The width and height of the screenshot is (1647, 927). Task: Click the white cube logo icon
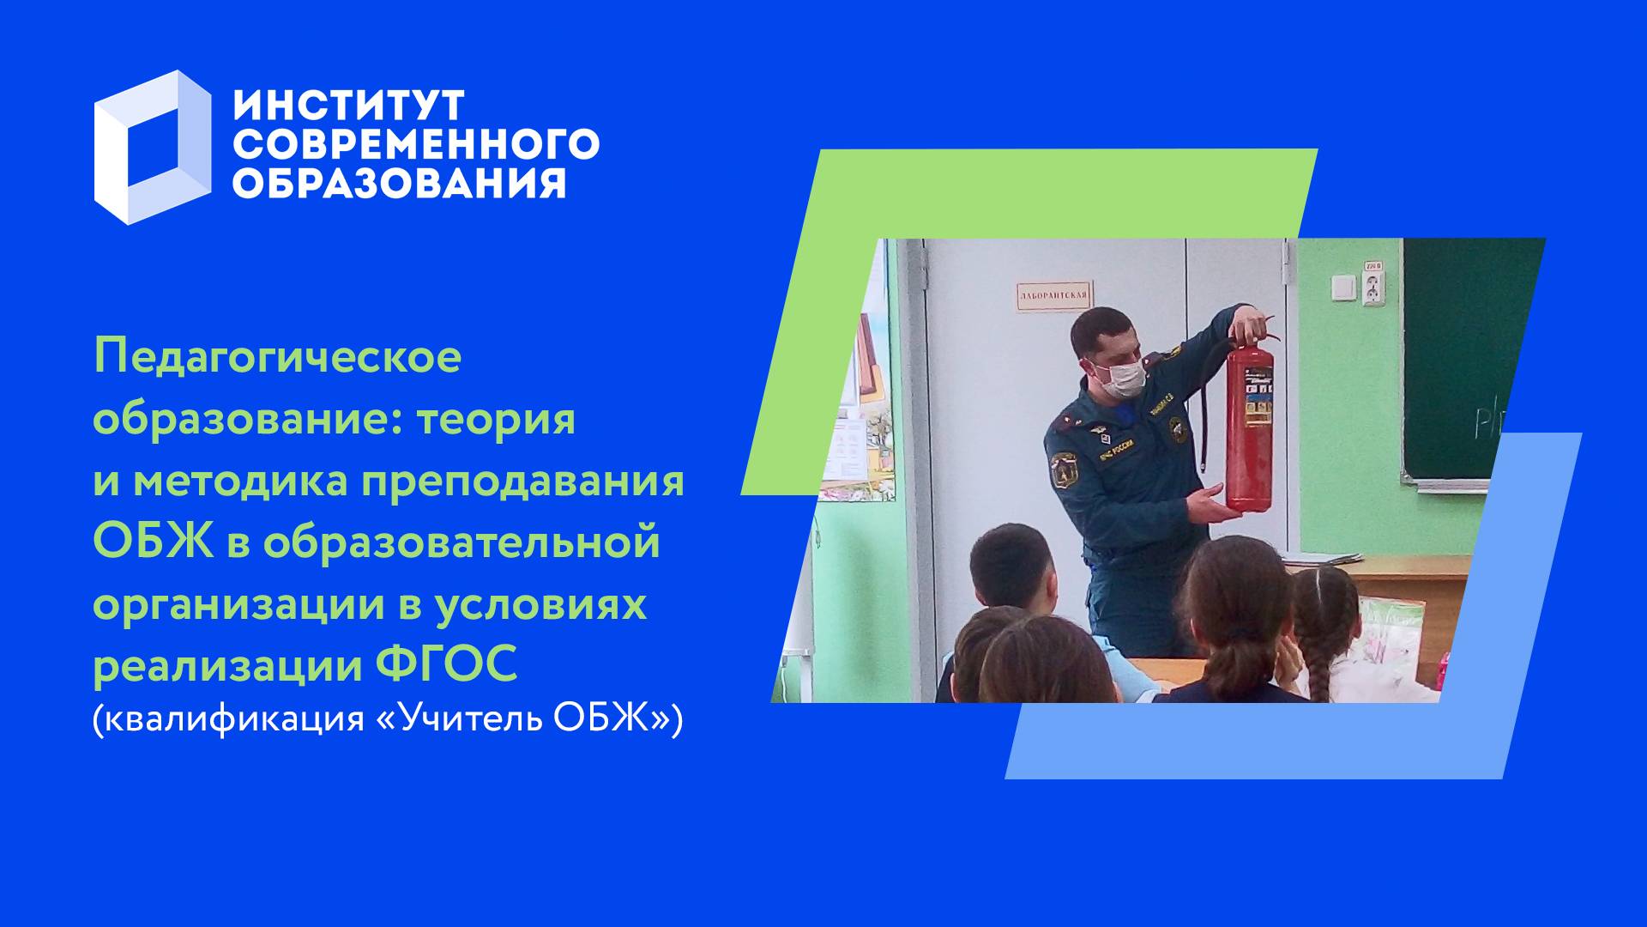coord(152,147)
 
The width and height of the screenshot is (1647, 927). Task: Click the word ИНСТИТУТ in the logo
coord(348,105)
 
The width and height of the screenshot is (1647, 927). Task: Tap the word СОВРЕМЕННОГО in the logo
coord(415,144)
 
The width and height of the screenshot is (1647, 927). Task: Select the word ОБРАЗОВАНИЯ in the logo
coord(399,183)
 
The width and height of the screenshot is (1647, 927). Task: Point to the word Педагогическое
coord(277,357)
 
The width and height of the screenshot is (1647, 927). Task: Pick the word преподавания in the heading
coord(522,482)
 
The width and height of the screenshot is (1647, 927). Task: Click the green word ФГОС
coord(447,665)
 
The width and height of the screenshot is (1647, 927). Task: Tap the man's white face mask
coord(1121,378)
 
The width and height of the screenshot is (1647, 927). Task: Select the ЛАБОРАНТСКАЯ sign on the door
coord(1053,296)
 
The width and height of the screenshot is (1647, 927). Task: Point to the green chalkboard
coord(1458,360)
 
